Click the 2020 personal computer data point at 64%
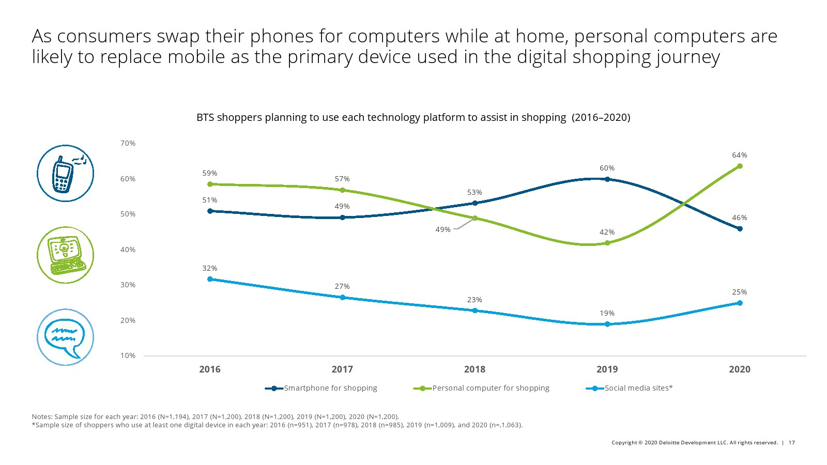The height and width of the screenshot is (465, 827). pyautogui.click(x=740, y=166)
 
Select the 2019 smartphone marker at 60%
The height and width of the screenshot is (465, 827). pyautogui.click(x=607, y=179)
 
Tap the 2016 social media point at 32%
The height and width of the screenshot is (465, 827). pyautogui.click(x=210, y=279)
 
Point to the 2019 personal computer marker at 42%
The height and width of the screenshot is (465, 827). pyautogui.click(x=607, y=243)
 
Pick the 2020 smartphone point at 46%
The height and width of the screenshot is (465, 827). pyautogui.click(x=740, y=229)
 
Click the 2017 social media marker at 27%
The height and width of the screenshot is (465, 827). pyautogui.click(x=342, y=298)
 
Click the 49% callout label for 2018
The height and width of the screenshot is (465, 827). pyautogui.click(x=443, y=229)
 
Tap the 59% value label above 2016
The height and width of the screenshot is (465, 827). pyautogui.click(x=210, y=173)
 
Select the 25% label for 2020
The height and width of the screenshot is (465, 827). pyautogui.click(x=740, y=292)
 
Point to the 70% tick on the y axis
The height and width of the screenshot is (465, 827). pyautogui.click(x=128, y=143)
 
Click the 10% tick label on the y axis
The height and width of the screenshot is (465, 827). pyautogui.click(x=128, y=355)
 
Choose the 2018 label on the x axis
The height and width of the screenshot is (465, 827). pyautogui.click(x=474, y=369)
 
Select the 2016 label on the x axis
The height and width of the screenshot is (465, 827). pyautogui.click(x=210, y=369)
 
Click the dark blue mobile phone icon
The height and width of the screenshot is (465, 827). pyautogui.click(x=65, y=173)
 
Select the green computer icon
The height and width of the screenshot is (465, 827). pyautogui.click(x=65, y=255)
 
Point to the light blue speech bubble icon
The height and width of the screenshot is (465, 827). pyautogui.click(x=65, y=337)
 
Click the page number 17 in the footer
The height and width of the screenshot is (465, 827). pyautogui.click(x=792, y=442)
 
